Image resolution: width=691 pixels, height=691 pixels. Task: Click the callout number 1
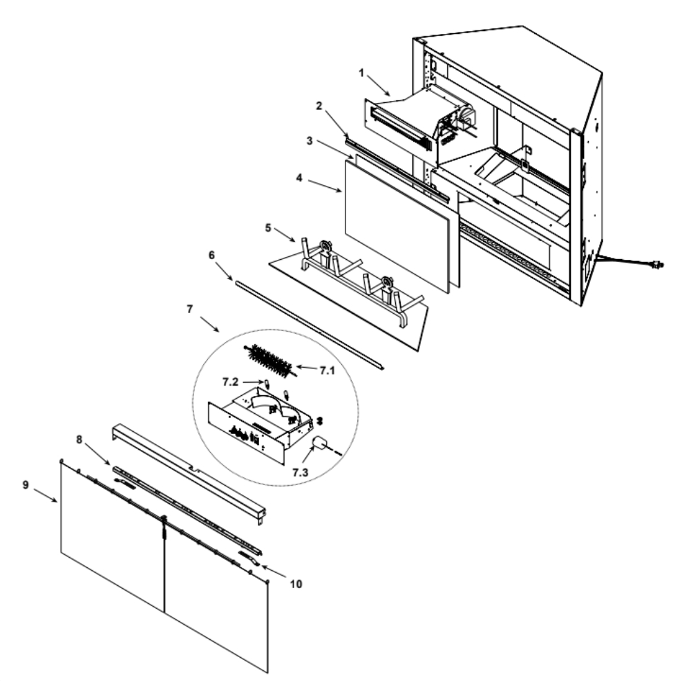pyautogui.click(x=361, y=73)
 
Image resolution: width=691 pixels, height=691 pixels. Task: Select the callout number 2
pyautogui.click(x=319, y=106)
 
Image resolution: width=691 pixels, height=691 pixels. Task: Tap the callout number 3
pyautogui.click(x=310, y=141)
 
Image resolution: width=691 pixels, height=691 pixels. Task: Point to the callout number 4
pyautogui.click(x=299, y=178)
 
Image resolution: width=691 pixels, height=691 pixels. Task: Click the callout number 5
pyautogui.click(x=268, y=228)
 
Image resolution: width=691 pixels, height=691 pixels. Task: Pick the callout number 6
pyautogui.click(x=211, y=255)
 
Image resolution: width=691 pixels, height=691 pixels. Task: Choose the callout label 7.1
pyautogui.click(x=327, y=370)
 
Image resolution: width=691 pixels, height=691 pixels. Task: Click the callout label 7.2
pyautogui.click(x=230, y=382)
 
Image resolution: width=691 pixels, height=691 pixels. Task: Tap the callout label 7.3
pyautogui.click(x=300, y=473)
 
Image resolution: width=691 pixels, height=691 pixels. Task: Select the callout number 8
pyautogui.click(x=79, y=439)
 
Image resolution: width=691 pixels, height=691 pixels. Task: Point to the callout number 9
pyautogui.click(x=26, y=485)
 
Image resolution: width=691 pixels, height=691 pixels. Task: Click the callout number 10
pyautogui.click(x=296, y=584)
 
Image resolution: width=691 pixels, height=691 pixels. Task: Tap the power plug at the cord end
pyautogui.click(x=656, y=265)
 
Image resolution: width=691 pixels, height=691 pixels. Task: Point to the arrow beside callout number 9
pyautogui.click(x=45, y=495)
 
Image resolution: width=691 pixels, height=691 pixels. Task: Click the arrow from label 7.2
pyautogui.click(x=254, y=381)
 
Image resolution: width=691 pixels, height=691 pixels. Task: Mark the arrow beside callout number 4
pyautogui.click(x=324, y=185)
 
